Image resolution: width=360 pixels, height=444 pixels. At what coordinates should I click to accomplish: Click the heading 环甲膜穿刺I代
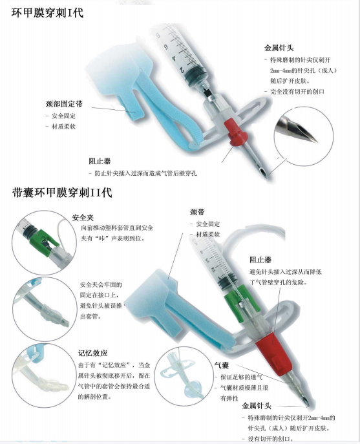tap(47, 14)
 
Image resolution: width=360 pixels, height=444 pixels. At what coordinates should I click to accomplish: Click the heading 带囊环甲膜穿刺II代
tap(62, 193)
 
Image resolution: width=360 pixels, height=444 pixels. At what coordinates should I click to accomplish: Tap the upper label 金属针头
tap(279, 48)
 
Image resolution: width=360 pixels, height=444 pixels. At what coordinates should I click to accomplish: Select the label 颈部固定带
tap(64, 104)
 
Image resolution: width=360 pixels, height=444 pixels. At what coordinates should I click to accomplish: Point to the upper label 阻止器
tap(100, 162)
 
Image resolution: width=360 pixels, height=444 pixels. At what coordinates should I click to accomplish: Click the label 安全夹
tap(83, 217)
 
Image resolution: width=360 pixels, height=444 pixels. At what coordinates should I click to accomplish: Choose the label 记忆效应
tap(92, 353)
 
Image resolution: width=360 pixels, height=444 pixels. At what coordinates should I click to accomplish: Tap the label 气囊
tap(222, 365)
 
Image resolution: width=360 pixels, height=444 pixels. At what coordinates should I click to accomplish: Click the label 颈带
tap(197, 212)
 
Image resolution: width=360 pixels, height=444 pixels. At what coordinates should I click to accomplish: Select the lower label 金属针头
tap(257, 406)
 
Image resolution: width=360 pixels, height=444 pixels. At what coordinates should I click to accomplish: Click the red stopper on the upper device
tap(236, 132)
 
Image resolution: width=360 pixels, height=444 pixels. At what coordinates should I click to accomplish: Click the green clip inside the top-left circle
tap(42, 242)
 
